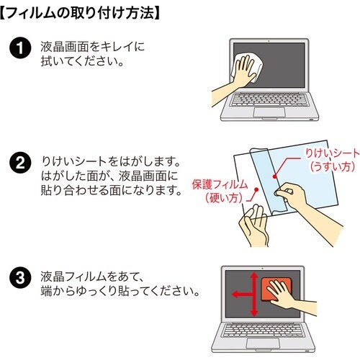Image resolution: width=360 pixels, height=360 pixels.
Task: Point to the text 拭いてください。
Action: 83,61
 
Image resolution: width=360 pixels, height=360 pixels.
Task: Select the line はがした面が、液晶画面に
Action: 108,174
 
